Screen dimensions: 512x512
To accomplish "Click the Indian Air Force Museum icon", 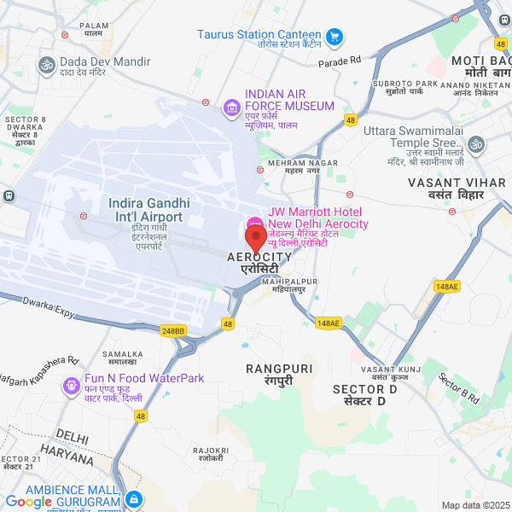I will pos(231,107).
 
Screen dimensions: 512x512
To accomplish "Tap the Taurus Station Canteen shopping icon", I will pos(335,36).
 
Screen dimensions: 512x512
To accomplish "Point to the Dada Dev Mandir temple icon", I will pos(44,62).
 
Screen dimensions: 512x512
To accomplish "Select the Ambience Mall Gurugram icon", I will pos(132,499).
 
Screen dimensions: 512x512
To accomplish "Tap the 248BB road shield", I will pos(172,330).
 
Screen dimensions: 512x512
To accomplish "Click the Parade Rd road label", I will pos(340,61).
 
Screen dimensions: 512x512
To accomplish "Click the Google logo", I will pos(29,502).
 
